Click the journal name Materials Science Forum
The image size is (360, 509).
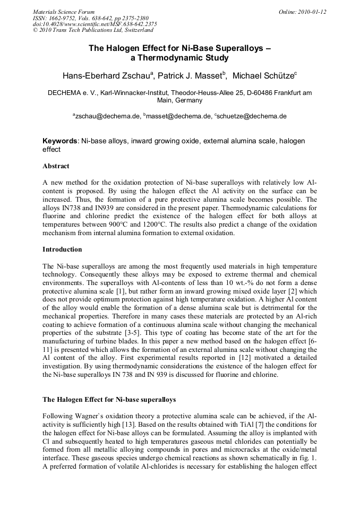click(64, 12)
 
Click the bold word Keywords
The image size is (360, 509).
click(60, 141)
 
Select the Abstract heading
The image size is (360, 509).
click(56, 166)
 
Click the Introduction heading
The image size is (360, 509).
click(62, 249)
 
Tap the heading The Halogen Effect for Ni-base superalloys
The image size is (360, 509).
click(109, 399)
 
